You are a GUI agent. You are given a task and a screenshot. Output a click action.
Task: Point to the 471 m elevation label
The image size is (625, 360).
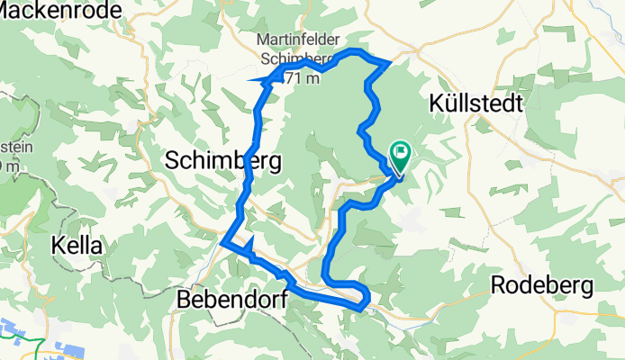[303, 79]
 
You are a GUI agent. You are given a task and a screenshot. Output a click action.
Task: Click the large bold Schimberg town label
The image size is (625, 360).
[223, 161]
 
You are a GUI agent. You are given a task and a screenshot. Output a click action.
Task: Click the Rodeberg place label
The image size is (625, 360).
[543, 285]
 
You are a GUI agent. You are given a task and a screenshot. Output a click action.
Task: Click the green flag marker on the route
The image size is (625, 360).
[399, 155]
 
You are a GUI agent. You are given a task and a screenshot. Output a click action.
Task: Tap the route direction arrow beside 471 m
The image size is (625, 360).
[267, 81]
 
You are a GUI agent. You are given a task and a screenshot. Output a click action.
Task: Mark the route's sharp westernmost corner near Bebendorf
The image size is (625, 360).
[222, 240]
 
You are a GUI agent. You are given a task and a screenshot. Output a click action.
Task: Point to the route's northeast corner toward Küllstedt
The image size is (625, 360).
[389, 62]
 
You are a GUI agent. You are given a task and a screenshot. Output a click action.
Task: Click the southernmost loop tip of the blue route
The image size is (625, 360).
[362, 308]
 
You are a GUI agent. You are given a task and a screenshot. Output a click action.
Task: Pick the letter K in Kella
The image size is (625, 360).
[58, 245]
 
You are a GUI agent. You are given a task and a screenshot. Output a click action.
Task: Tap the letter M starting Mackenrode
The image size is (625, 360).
[8, 12]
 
